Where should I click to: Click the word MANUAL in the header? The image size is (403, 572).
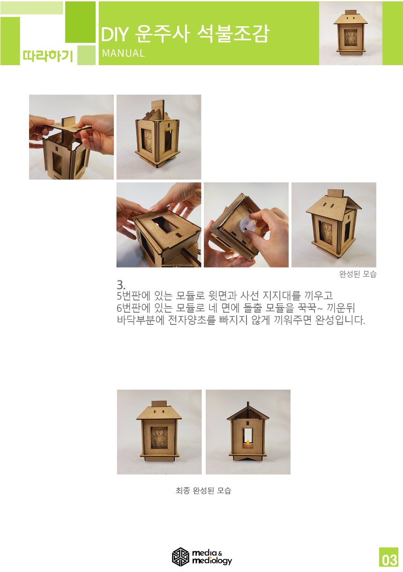click(123, 53)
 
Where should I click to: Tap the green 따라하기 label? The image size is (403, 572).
click(48, 56)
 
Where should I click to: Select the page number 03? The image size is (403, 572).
click(389, 560)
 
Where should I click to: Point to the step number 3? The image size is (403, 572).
click(121, 285)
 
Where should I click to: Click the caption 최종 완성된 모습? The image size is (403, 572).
click(203, 490)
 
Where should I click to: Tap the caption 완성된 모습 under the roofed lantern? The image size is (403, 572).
click(358, 274)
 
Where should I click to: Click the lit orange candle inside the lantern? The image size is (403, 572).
click(247, 444)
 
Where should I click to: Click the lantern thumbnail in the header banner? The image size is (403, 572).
click(351, 33)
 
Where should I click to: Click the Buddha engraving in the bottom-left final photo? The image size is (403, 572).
click(159, 437)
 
